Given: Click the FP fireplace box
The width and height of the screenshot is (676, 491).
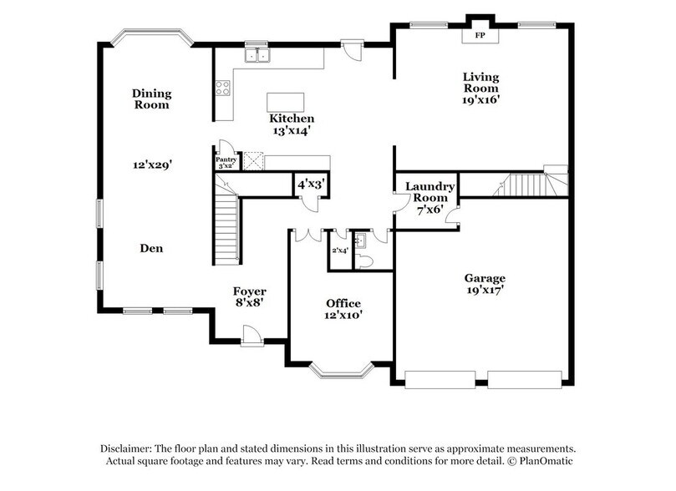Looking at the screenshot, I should click(479, 36).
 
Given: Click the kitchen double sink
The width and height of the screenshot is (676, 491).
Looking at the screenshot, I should click(257, 56).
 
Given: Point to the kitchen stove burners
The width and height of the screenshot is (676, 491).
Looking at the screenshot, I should click(223, 88).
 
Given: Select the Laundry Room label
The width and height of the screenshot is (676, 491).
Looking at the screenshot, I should click(429, 192).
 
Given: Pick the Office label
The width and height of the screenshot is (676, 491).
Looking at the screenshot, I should click(343, 302).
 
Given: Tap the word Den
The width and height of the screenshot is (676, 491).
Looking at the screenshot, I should click(150, 248).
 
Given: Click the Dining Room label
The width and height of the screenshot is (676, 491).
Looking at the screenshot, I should click(150, 99).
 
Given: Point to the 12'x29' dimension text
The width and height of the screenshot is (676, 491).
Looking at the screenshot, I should click(151, 165).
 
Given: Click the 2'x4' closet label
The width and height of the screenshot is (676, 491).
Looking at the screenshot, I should click(339, 250).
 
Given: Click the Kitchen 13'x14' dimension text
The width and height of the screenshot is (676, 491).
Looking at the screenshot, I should click(292, 130).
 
